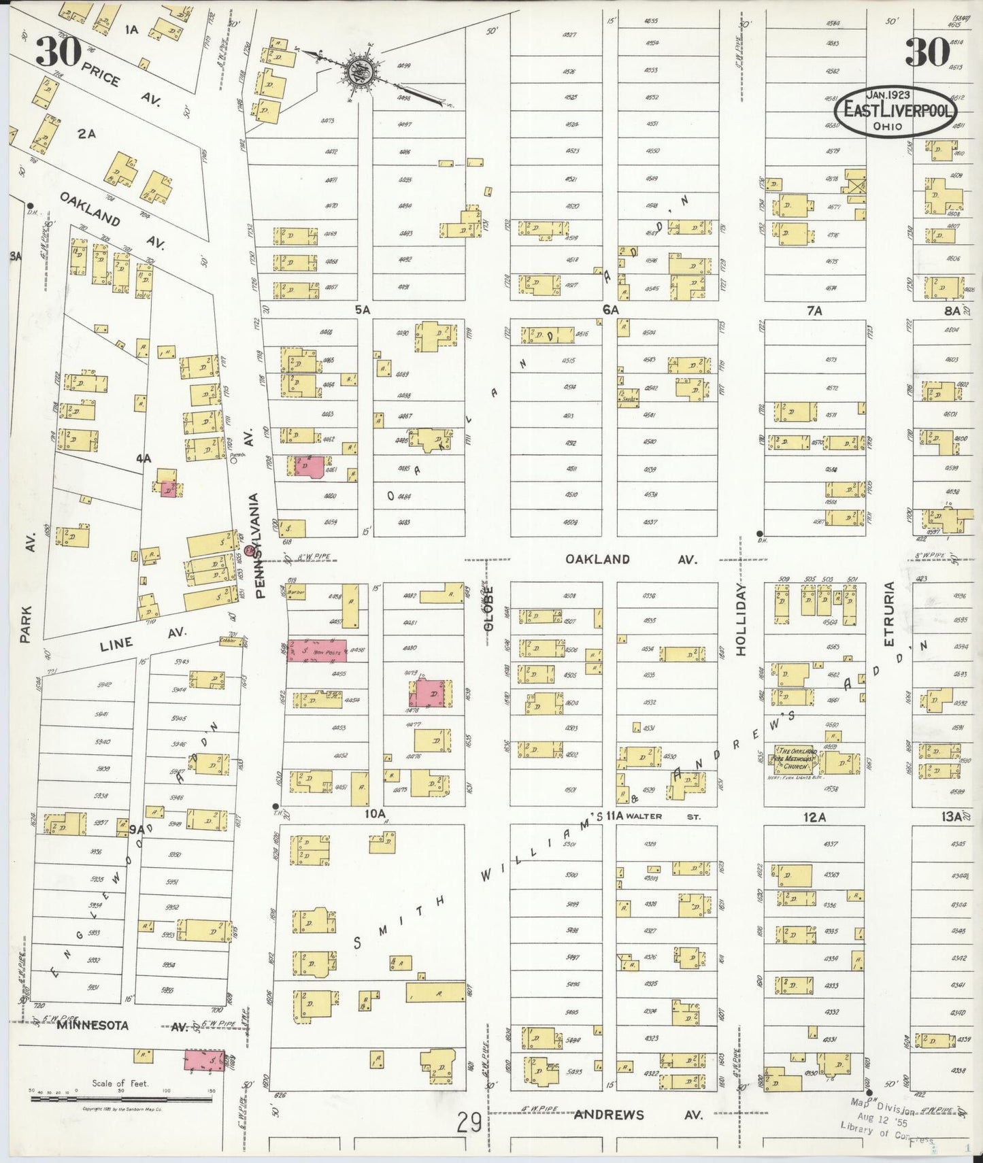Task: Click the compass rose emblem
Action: tap(359, 71)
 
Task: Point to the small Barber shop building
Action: tap(295, 592)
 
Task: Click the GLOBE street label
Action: tap(488, 611)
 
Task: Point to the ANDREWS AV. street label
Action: tap(637, 1115)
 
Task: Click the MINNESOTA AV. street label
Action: tap(122, 1026)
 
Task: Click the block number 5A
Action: tap(361, 309)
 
